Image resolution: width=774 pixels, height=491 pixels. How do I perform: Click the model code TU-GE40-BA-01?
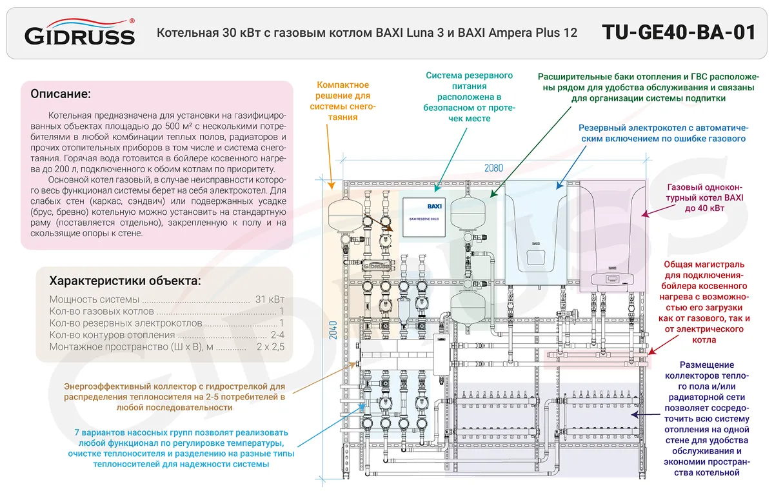[x=678, y=32]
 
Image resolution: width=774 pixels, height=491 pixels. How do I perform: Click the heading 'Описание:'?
[x=61, y=94]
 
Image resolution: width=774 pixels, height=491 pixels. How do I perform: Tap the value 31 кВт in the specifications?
[x=269, y=299]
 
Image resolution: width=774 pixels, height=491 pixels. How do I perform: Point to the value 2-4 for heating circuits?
[x=277, y=335]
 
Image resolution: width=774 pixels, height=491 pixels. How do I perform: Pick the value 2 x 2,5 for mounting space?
[x=271, y=347]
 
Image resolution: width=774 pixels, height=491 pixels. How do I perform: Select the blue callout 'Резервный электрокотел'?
[x=662, y=133]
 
